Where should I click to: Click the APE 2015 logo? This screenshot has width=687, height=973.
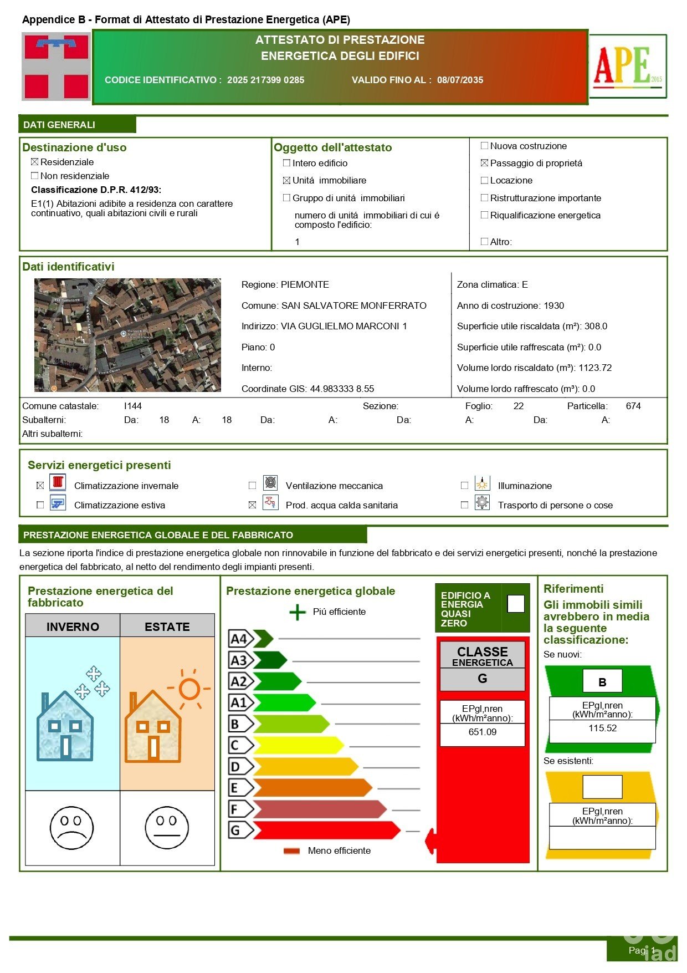pos(628,66)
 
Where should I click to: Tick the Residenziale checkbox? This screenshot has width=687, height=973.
pos(35,162)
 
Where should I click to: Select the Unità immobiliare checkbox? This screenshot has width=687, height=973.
pos(286,180)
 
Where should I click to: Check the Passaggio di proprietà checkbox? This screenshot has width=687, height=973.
pos(485,163)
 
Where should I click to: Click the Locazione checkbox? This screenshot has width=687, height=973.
pos(485,180)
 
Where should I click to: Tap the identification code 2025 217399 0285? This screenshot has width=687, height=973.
pos(265,80)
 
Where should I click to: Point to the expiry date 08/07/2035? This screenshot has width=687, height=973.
pos(460,80)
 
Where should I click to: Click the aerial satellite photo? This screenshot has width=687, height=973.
pos(127,335)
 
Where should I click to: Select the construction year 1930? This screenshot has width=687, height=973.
pos(553,305)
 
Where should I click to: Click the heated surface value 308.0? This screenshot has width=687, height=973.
pos(596,326)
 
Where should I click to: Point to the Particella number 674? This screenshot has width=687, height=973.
pos(633,406)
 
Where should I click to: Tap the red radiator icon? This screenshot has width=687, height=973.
pos(58,482)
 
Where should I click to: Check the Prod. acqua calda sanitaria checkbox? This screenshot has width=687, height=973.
pos(253,505)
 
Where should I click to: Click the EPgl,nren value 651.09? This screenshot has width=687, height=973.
pos(482,732)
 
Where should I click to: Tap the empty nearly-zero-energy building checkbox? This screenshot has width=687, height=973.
pos(516,604)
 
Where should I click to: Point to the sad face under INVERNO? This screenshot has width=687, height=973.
pos(71,827)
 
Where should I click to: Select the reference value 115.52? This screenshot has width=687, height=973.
pos(602,728)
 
